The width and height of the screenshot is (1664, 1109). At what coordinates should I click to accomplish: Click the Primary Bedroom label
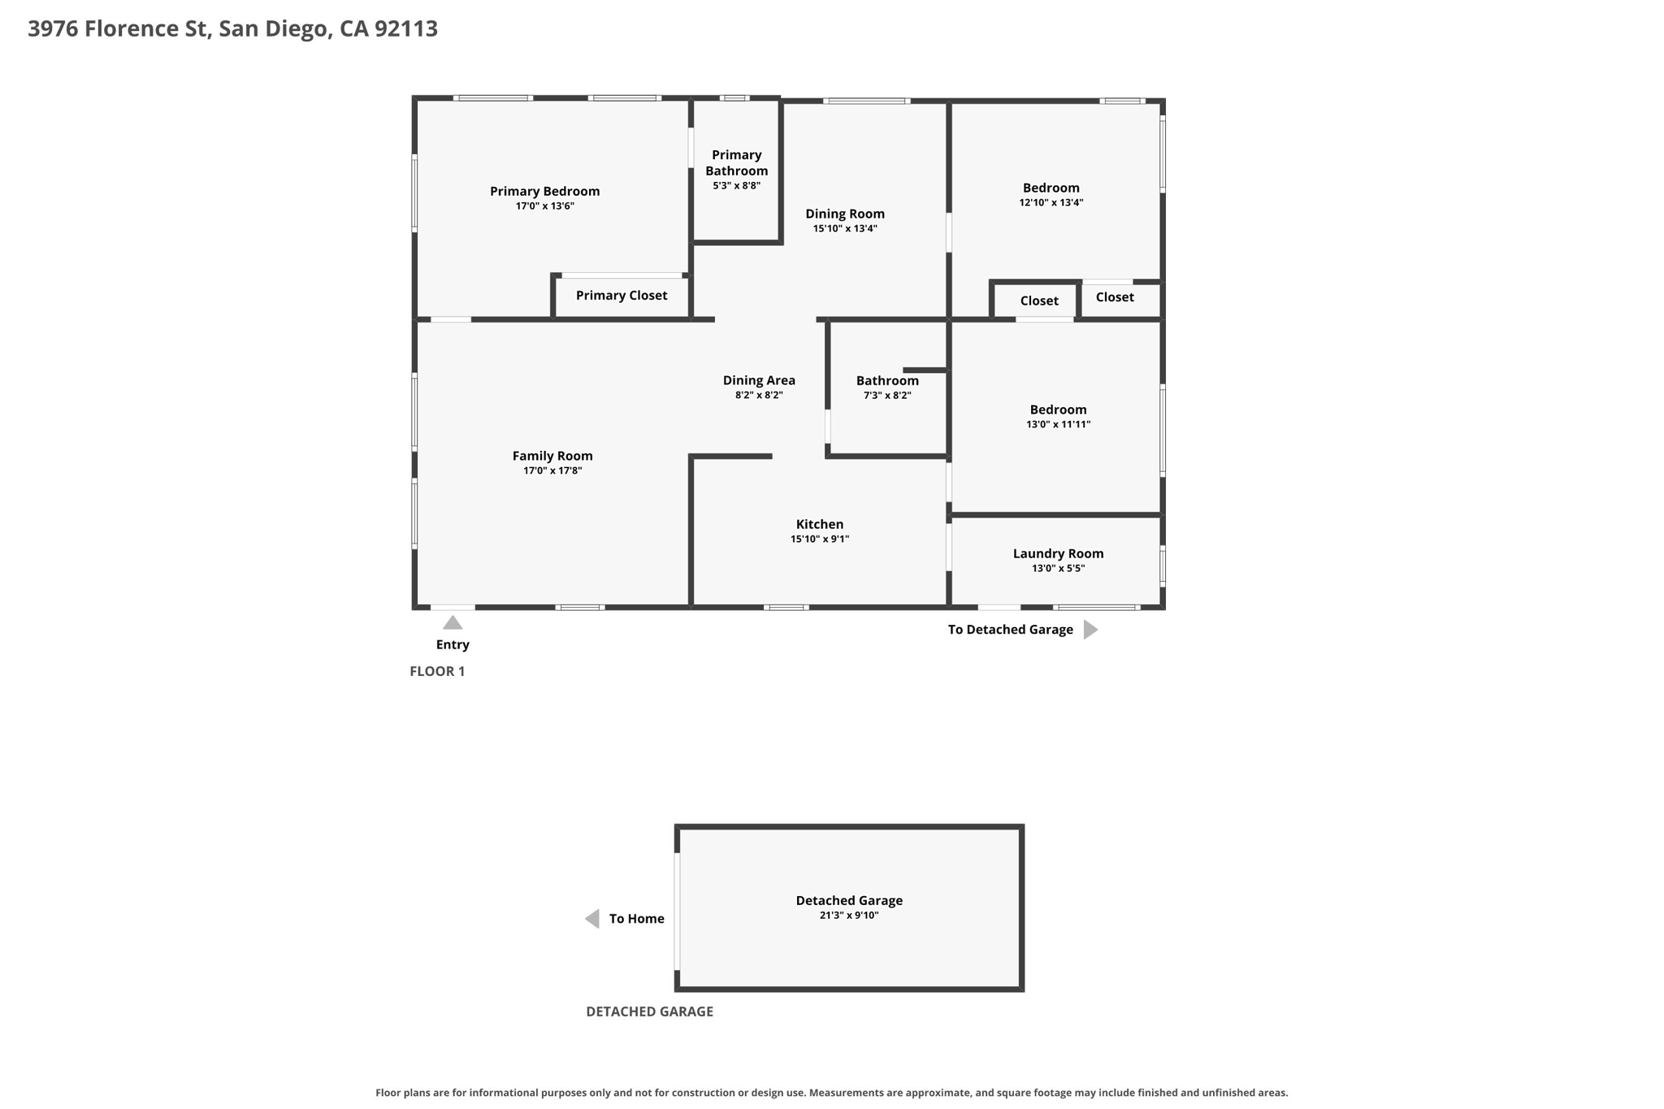click(544, 191)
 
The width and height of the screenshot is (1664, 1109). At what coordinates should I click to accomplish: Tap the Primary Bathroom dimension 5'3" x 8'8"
click(736, 186)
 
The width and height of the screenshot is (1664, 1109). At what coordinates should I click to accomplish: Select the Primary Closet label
click(622, 296)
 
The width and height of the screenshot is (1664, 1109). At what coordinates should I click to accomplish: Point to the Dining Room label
click(845, 214)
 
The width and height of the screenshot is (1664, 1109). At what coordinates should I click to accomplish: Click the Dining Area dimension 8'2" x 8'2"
click(759, 396)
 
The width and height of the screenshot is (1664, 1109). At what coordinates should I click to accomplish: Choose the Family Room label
click(552, 456)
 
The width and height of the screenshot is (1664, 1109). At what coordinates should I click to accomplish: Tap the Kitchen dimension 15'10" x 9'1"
click(820, 539)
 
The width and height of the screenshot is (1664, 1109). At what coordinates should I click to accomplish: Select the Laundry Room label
click(1058, 553)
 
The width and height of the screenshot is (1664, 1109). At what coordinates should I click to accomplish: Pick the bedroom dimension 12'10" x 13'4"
click(1051, 203)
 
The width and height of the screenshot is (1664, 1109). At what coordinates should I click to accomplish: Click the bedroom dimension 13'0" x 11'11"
click(1058, 425)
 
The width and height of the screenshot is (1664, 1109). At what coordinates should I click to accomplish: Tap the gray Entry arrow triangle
click(453, 623)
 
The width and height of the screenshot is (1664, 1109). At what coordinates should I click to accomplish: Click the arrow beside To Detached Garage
click(1090, 630)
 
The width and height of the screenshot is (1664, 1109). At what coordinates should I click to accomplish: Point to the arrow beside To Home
click(592, 919)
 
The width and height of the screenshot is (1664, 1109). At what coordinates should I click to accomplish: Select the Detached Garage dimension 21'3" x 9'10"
click(849, 916)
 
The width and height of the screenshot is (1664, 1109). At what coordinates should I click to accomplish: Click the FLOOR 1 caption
click(437, 671)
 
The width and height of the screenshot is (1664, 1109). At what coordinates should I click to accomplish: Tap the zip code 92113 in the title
click(406, 28)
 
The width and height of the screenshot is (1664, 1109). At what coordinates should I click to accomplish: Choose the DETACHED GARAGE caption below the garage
click(649, 1012)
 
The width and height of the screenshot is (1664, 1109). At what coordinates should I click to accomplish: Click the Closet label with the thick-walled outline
click(1039, 301)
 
